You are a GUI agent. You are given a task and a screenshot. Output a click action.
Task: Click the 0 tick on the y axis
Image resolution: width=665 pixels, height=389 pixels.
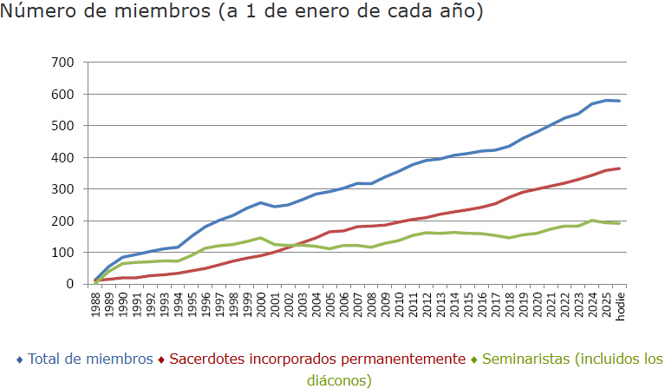tap(70, 284)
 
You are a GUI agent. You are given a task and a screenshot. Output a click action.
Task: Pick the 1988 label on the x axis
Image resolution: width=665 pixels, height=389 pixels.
tap(95, 305)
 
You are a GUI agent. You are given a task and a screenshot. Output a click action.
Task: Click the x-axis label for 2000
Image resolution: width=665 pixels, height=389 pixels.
tap(261, 305)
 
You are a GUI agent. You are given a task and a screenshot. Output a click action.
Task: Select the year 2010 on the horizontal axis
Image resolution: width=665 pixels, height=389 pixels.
tap(399, 305)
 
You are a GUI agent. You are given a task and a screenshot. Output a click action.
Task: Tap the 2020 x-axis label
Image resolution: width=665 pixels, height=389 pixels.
tap(537, 305)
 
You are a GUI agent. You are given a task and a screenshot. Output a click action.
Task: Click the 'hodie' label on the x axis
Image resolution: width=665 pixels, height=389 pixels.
tap(620, 306)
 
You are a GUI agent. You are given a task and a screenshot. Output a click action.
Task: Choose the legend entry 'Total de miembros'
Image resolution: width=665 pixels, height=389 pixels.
tap(90, 359)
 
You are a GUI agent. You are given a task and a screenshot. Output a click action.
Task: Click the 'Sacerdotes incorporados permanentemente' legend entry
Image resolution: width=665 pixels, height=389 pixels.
tap(317, 359)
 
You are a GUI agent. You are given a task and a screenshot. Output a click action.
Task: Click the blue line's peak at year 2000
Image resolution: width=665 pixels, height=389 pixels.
tap(261, 202)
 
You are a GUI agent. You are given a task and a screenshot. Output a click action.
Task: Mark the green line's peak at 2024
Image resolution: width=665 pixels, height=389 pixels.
tap(592, 221)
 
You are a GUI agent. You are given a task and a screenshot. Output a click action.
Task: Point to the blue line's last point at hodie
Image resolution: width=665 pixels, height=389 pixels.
tap(619, 101)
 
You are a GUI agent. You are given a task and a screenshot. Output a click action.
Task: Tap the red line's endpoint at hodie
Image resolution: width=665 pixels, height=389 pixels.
tap(619, 168)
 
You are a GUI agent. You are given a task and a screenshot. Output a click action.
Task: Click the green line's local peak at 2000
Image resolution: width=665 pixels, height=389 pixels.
tap(261, 238)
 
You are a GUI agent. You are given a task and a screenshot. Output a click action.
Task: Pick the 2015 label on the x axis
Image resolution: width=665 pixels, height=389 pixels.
tap(468, 305)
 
